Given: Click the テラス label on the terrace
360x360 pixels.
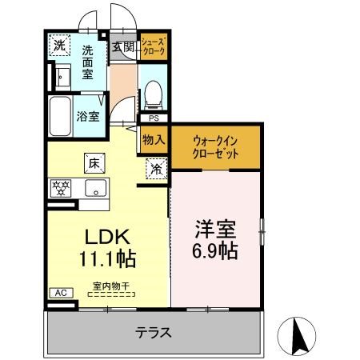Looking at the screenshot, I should point(153,331).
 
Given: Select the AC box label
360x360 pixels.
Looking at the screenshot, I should point(58,294).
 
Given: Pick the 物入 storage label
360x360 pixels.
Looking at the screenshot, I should point(153,140).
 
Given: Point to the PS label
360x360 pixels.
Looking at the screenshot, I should point(154,118).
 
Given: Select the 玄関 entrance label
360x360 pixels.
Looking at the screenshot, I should point(124,46).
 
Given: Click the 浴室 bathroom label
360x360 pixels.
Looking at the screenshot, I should point(88,116).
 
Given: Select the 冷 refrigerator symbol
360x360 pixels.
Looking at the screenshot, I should point(156,168).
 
